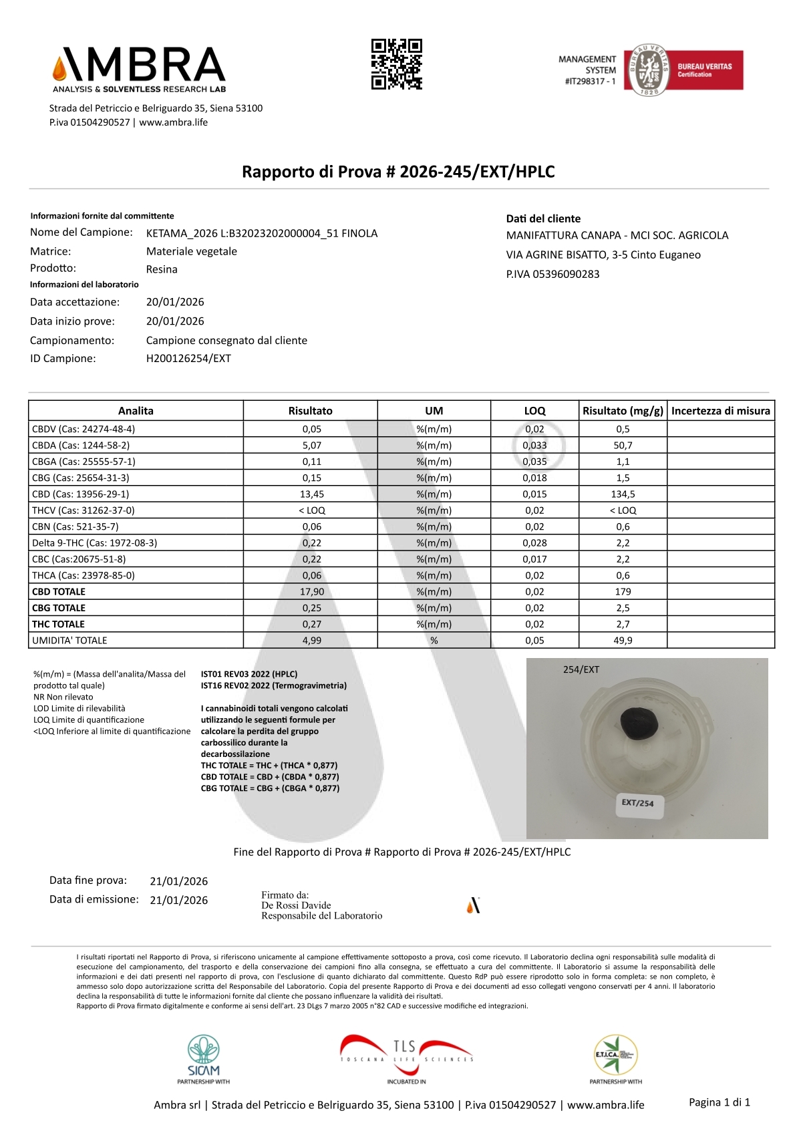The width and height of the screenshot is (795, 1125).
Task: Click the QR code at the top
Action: (x=397, y=64)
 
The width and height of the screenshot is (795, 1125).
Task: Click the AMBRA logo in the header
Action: (x=139, y=69)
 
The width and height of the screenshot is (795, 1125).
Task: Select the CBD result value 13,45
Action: (x=311, y=494)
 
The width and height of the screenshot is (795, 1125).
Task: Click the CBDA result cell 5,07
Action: (x=311, y=446)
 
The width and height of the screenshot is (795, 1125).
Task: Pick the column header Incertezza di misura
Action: (x=720, y=411)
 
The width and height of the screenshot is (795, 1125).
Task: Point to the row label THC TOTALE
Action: (x=59, y=624)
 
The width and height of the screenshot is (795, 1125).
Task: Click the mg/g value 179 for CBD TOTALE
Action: (x=623, y=592)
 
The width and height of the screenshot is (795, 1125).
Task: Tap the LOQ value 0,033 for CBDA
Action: (x=534, y=446)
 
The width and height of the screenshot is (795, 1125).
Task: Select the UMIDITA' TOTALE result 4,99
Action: (x=311, y=641)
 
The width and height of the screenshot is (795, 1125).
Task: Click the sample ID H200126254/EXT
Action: (x=188, y=359)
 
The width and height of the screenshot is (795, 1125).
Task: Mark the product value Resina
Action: (x=162, y=269)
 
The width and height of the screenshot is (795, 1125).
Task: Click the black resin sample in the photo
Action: (x=639, y=724)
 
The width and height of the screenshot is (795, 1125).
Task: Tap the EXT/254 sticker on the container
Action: (x=637, y=803)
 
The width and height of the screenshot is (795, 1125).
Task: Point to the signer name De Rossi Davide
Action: (x=296, y=905)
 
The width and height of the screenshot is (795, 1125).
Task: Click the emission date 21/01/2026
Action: (x=178, y=900)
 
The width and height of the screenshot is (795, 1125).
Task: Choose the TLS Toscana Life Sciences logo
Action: (x=406, y=1058)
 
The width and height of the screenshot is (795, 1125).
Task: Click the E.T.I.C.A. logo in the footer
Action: (x=615, y=1058)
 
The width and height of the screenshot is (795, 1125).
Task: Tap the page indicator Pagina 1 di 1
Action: (x=720, y=1102)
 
